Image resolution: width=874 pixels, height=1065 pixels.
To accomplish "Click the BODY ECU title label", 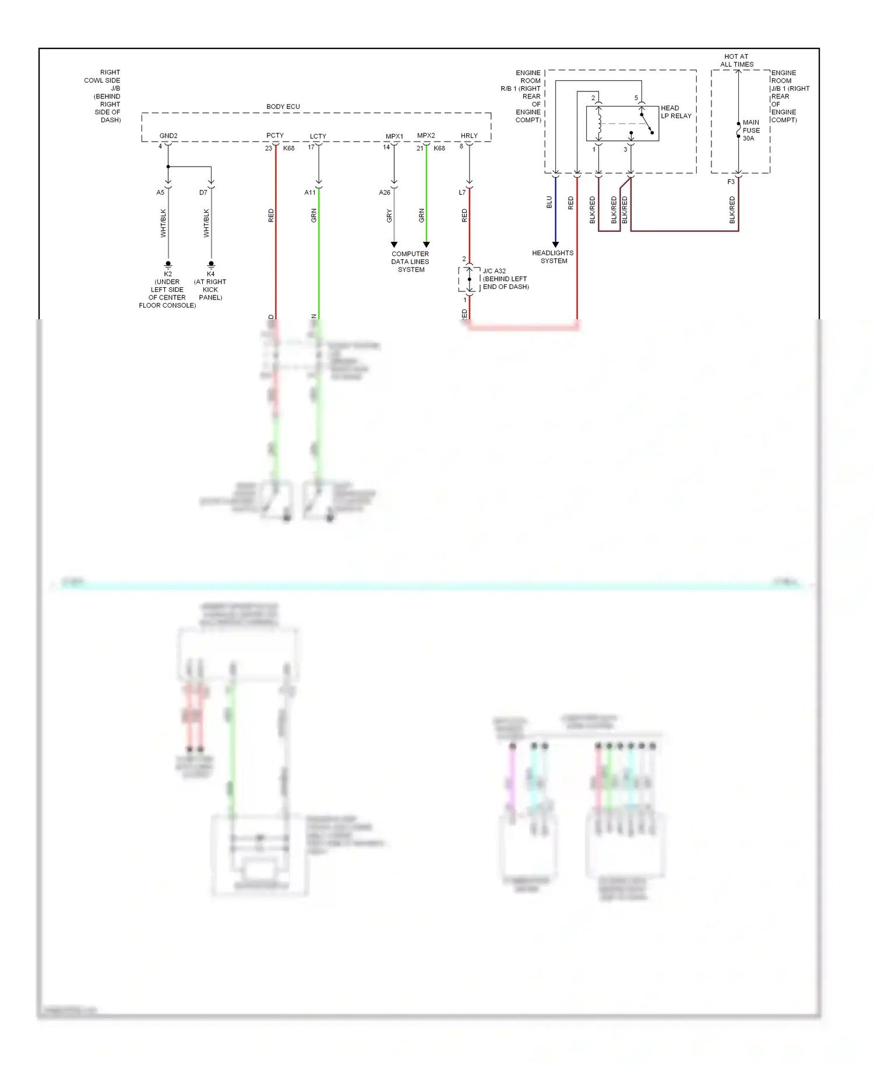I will pos(283,107).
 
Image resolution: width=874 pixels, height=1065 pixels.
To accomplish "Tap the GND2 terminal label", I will pos(168,136).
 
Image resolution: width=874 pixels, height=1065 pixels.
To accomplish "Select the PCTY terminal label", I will pos(275,135).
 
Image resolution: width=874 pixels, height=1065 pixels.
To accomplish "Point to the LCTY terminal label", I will pos(318,136).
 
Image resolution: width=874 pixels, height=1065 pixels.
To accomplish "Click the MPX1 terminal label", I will pos(394,136).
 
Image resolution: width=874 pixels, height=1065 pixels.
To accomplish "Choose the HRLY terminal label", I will pos(469,136).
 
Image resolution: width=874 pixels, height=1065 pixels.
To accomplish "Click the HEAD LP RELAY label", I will pos(676,112).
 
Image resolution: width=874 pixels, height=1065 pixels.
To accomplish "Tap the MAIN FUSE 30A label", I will pos(750,131).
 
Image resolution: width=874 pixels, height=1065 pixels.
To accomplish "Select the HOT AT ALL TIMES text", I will pos(736,61).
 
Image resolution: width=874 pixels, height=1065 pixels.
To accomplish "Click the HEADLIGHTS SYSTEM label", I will pos(553,257).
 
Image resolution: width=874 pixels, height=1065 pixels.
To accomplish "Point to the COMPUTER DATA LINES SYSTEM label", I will pos(410,262).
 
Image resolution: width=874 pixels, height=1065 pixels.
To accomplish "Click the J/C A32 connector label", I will pos(494,271).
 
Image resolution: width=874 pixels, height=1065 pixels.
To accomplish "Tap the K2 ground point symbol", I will pos(168,265).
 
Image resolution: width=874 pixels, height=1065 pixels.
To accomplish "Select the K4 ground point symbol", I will pos(212,265).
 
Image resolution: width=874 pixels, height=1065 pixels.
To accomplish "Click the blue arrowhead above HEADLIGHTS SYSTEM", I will pos(555,244).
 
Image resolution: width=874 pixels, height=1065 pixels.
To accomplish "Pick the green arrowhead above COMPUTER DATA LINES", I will pos(427,244).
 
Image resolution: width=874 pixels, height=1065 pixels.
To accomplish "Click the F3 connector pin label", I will pos(731,182).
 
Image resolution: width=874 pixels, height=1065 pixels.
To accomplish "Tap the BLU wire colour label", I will pos(549,202).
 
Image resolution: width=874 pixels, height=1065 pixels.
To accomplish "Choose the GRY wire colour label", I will pos(389,216).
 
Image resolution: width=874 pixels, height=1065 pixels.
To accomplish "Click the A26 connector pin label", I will pos(385,192).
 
